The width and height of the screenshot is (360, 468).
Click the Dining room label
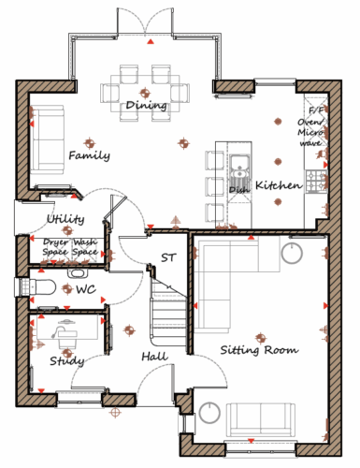point(146,106)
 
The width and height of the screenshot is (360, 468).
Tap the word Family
point(89,155)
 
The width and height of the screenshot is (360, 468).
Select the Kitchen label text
point(279,185)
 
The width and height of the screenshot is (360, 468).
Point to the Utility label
point(65,219)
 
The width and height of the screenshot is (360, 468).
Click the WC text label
point(86,289)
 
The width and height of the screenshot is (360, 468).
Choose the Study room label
point(67,361)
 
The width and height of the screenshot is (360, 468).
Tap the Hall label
point(155,357)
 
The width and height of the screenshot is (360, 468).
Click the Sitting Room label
point(259,350)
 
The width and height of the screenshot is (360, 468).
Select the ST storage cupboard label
point(168,257)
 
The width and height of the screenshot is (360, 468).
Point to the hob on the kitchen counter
point(316,182)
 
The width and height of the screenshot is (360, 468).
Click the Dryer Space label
point(55,247)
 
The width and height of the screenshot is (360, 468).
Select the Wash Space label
point(85,247)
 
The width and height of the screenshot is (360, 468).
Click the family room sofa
point(49,139)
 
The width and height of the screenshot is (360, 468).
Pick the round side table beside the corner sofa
point(292,253)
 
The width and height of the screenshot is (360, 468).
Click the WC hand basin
point(77,273)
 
